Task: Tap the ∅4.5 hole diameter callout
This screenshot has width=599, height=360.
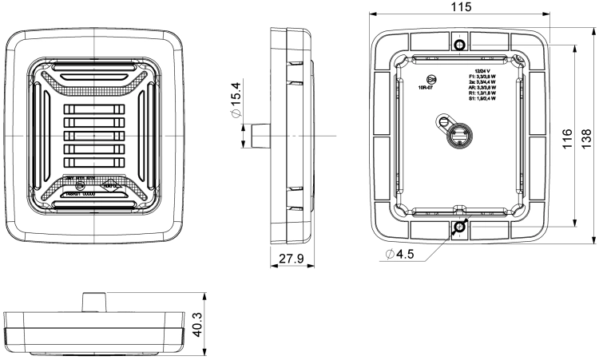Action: coord(399,255)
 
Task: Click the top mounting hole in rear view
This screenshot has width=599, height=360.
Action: coord(460,42)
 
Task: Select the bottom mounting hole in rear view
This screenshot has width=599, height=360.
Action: coord(460,227)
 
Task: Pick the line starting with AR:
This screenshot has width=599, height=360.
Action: coord(482,88)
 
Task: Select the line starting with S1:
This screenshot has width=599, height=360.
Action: coord(482,100)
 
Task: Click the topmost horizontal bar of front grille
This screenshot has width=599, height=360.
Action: coord(96,110)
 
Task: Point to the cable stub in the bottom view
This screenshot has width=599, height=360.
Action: coord(94,301)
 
